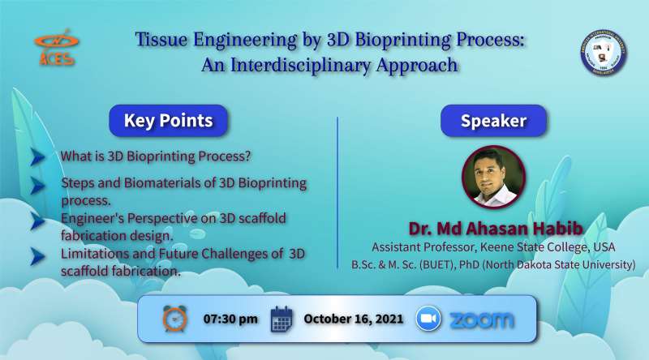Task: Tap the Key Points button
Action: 169,121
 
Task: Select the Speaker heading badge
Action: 493,121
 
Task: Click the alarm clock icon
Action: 174,319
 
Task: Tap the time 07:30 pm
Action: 230,319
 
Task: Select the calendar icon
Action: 282,319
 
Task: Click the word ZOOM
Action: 482,319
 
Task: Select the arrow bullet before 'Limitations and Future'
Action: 38,256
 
